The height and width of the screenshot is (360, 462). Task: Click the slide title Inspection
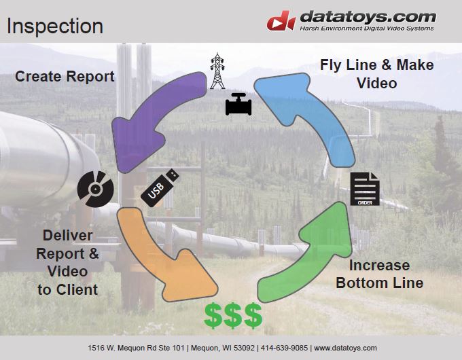click(x=55, y=26)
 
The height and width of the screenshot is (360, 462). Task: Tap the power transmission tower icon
click(x=217, y=71)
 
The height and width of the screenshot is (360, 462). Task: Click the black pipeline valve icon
click(x=238, y=105)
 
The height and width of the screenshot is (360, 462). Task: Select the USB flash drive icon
click(x=162, y=185)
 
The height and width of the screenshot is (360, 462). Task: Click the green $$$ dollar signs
click(x=233, y=314)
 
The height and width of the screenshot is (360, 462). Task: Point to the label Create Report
click(x=65, y=76)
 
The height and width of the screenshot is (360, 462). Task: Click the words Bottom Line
click(x=379, y=282)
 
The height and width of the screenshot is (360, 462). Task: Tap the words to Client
click(x=67, y=289)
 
